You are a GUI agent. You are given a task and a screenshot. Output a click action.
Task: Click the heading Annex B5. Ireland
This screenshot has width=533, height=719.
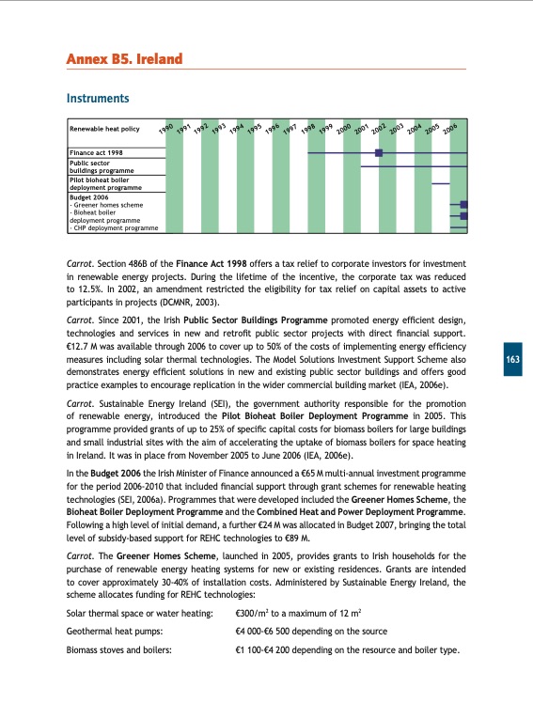pos(123,60)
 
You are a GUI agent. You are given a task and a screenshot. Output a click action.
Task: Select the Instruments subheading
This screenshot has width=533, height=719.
pos(97,98)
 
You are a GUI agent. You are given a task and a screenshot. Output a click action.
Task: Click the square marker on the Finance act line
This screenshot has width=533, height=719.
pos(379,152)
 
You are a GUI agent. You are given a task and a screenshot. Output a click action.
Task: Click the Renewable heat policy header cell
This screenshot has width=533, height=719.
pos(104,130)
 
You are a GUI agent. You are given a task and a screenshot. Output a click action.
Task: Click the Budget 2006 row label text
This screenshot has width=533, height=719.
pos(88,197)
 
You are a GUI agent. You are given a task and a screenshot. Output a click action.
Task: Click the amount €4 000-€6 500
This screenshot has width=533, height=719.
pos(267,657)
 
